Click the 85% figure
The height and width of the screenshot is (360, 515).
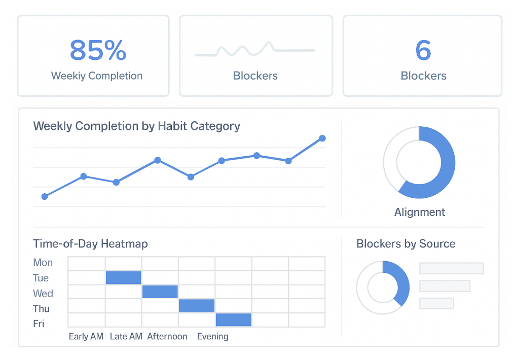pos(97,50)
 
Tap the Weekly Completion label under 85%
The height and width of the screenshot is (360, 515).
pos(97,76)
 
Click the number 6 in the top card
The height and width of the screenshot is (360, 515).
pos(423,50)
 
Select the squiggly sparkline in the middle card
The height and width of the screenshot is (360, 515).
pos(255,49)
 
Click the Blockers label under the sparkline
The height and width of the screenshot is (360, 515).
pos(255,76)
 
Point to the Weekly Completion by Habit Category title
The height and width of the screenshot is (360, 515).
pos(136,126)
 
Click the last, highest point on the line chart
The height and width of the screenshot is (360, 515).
pos(322,138)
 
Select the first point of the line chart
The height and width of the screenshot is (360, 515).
pos(45,196)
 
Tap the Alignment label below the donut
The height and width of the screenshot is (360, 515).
pos(420,212)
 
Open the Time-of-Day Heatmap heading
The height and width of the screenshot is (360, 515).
pos(90,244)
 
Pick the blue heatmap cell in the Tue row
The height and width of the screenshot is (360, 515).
pos(123,277)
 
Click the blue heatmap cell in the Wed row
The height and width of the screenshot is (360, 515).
pos(160,292)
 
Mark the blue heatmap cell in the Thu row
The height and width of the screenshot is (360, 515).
pos(197,306)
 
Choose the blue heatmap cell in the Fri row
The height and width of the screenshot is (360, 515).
pos(234,320)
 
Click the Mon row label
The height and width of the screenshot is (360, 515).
pos(43,263)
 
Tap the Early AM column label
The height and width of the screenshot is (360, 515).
pos(86,336)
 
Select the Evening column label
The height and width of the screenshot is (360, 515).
pos(212,336)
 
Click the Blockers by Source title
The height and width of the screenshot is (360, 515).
pos(406,244)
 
